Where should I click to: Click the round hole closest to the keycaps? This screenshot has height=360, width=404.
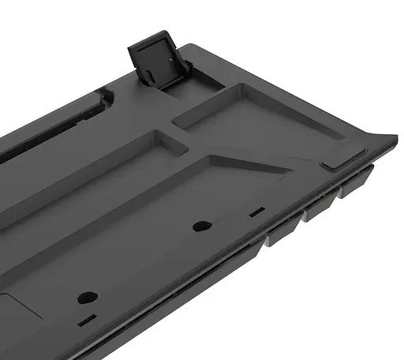(x=203, y=226)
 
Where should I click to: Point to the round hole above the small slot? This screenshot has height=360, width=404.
(x=88, y=298)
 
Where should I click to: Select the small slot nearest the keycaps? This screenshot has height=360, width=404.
(x=256, y=212)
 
